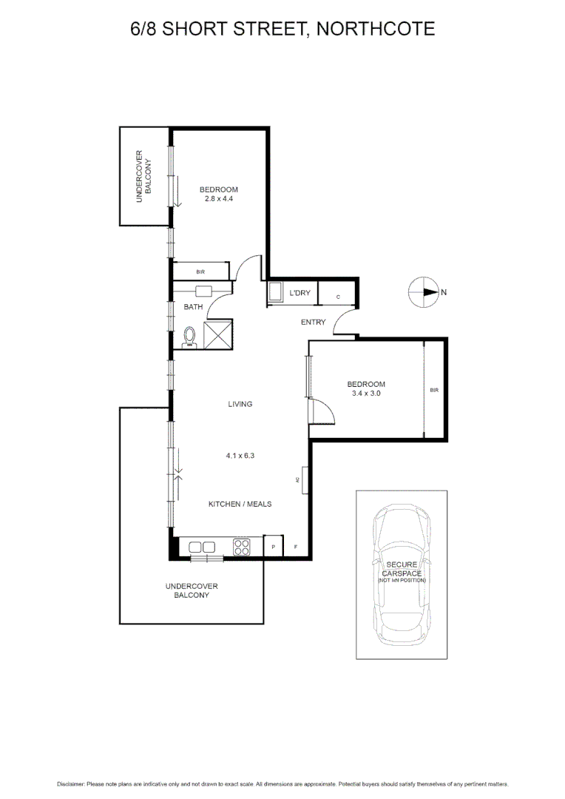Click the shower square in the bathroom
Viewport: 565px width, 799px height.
click(218, 334)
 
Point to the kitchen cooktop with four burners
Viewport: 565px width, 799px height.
click(242, 547)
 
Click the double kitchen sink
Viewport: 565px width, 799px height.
click(202, 547)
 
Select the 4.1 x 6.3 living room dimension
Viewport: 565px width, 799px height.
click(240, 456)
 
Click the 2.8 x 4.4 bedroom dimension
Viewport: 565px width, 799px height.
click(220, 198)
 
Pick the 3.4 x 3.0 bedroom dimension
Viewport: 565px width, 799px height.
click(367, 394)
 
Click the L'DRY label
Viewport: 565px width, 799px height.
click(300, 294)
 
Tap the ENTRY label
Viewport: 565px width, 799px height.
click(313, 322)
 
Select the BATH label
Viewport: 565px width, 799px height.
click(193, 306)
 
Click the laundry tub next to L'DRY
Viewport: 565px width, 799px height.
click(274, 293)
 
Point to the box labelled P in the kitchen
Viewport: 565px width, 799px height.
click(273, 547)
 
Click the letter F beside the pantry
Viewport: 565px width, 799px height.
click(296, 547)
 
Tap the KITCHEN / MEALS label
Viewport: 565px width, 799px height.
click(240, 504)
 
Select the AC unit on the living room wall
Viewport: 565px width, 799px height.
click(305, 480)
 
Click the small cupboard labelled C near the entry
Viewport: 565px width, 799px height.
click(338, 297)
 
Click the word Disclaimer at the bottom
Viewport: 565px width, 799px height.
click(70, 783)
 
